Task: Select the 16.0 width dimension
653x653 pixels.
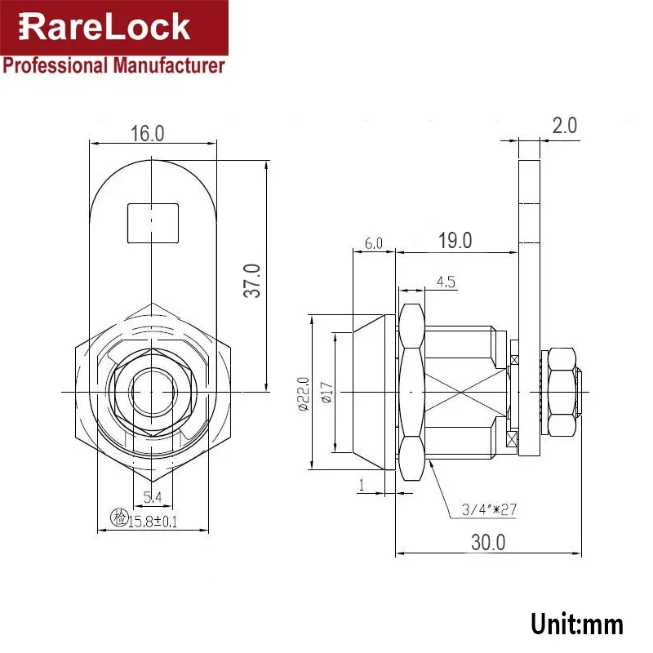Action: coord(148,134)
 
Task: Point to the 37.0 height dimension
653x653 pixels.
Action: coord(253,280)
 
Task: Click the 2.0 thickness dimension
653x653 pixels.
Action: coord(564,126)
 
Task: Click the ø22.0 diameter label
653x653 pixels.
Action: coord(302,393)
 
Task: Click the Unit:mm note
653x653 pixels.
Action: coord(576,624)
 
